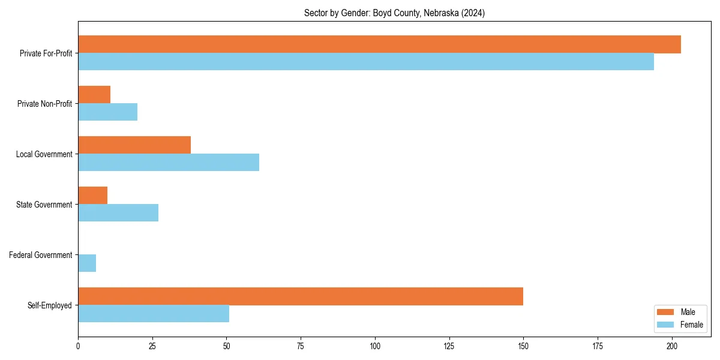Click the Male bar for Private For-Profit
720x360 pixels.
coord(379,44)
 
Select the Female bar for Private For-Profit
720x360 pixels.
coord(366,62)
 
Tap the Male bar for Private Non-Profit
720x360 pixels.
coord(94,95)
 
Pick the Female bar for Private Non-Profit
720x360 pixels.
coord(108,112)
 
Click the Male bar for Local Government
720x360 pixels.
coord(134,145)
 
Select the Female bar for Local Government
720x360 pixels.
coord(169,163)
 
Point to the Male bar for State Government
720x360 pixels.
coord(93,196)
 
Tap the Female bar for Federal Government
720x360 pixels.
coord(87,263)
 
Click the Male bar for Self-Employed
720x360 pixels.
coord(301,296)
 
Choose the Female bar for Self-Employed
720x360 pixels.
coord(154,314)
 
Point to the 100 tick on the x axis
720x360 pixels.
coord(375,346)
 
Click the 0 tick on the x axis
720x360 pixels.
coord(78,346)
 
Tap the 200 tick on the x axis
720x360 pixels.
coord(672,346)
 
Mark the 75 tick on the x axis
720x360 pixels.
coord(301,346)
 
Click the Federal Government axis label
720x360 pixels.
coord(40,255)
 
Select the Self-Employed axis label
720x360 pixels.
coord(49,305)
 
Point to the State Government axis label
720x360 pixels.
coord(44,205)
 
